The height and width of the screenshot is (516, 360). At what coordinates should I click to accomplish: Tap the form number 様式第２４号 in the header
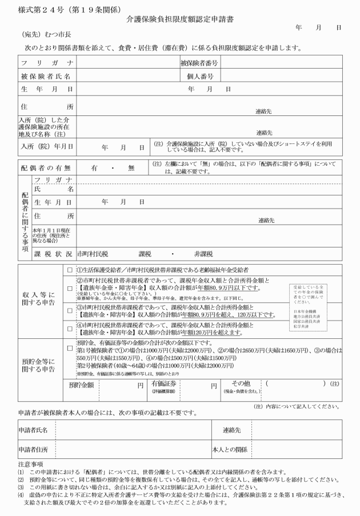tap(42, 8)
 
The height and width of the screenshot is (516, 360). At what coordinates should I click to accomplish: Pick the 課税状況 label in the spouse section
tap(53, 253)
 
